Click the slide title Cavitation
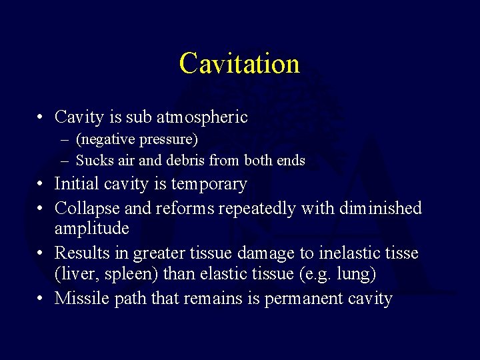pos(239,63)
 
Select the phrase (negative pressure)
pos(137,140)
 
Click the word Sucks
pos(92,161)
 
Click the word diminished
pos(381,209)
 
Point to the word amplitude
pos(92,229)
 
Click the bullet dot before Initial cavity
pos(41,184)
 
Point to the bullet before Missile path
pos(41,299)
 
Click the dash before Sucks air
pos(65,161)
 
